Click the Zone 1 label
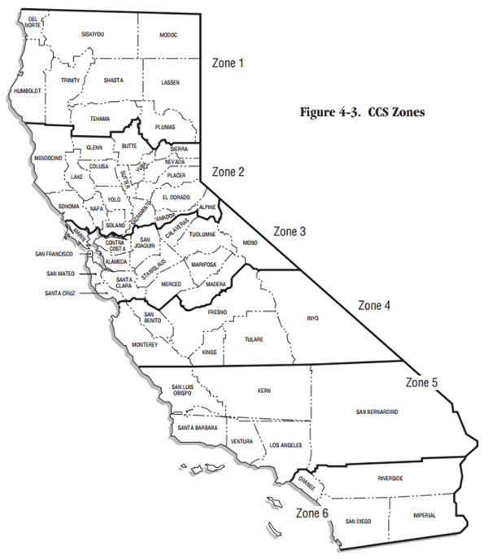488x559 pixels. (227, 62)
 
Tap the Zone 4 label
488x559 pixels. (375, 306)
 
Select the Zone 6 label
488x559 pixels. (312, 513)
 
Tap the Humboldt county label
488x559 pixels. (27, 91)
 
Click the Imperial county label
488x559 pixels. (424, 515)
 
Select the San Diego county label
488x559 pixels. (358, 520)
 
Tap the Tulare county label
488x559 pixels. (255, 339)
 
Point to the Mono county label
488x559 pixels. (251, 243)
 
